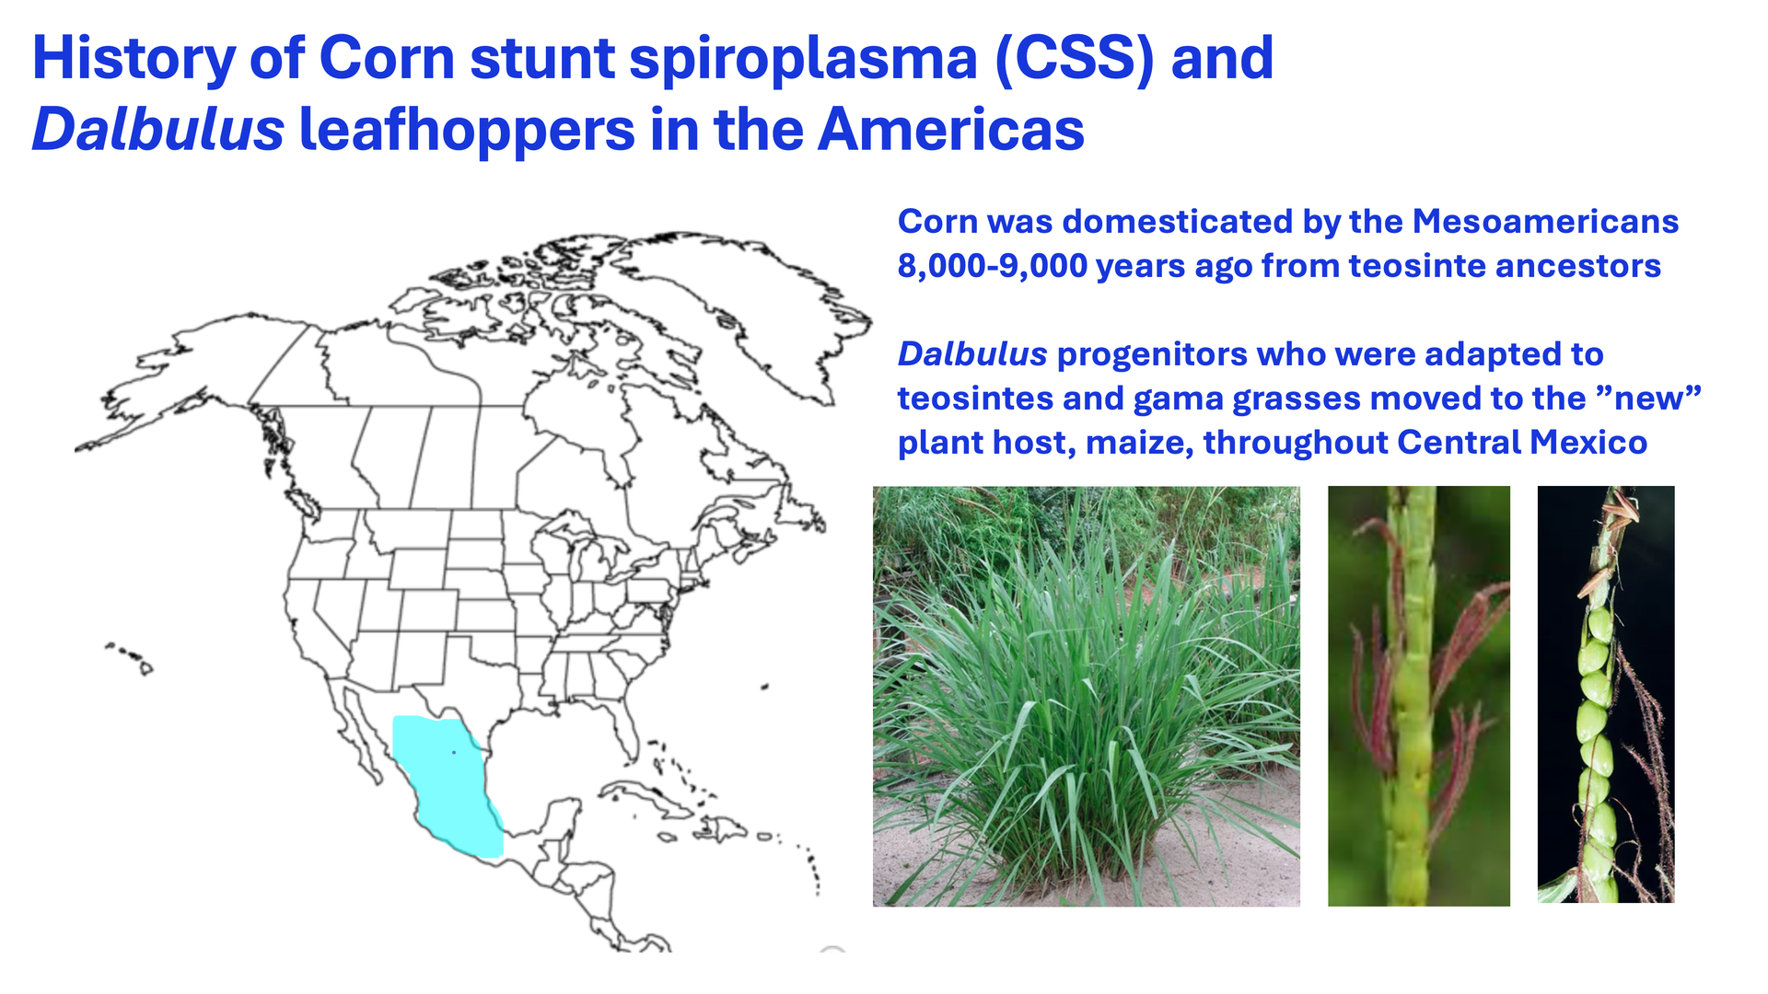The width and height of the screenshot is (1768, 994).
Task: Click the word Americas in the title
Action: point(951,129)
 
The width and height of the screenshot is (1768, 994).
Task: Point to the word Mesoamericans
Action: point(1545,221)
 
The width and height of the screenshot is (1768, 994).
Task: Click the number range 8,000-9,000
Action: point(993,266)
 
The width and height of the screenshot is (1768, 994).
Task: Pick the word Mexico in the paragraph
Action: point(1588,443)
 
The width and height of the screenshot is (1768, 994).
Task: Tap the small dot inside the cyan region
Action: point(454,753)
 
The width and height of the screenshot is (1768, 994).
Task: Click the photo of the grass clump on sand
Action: point(1087,697)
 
